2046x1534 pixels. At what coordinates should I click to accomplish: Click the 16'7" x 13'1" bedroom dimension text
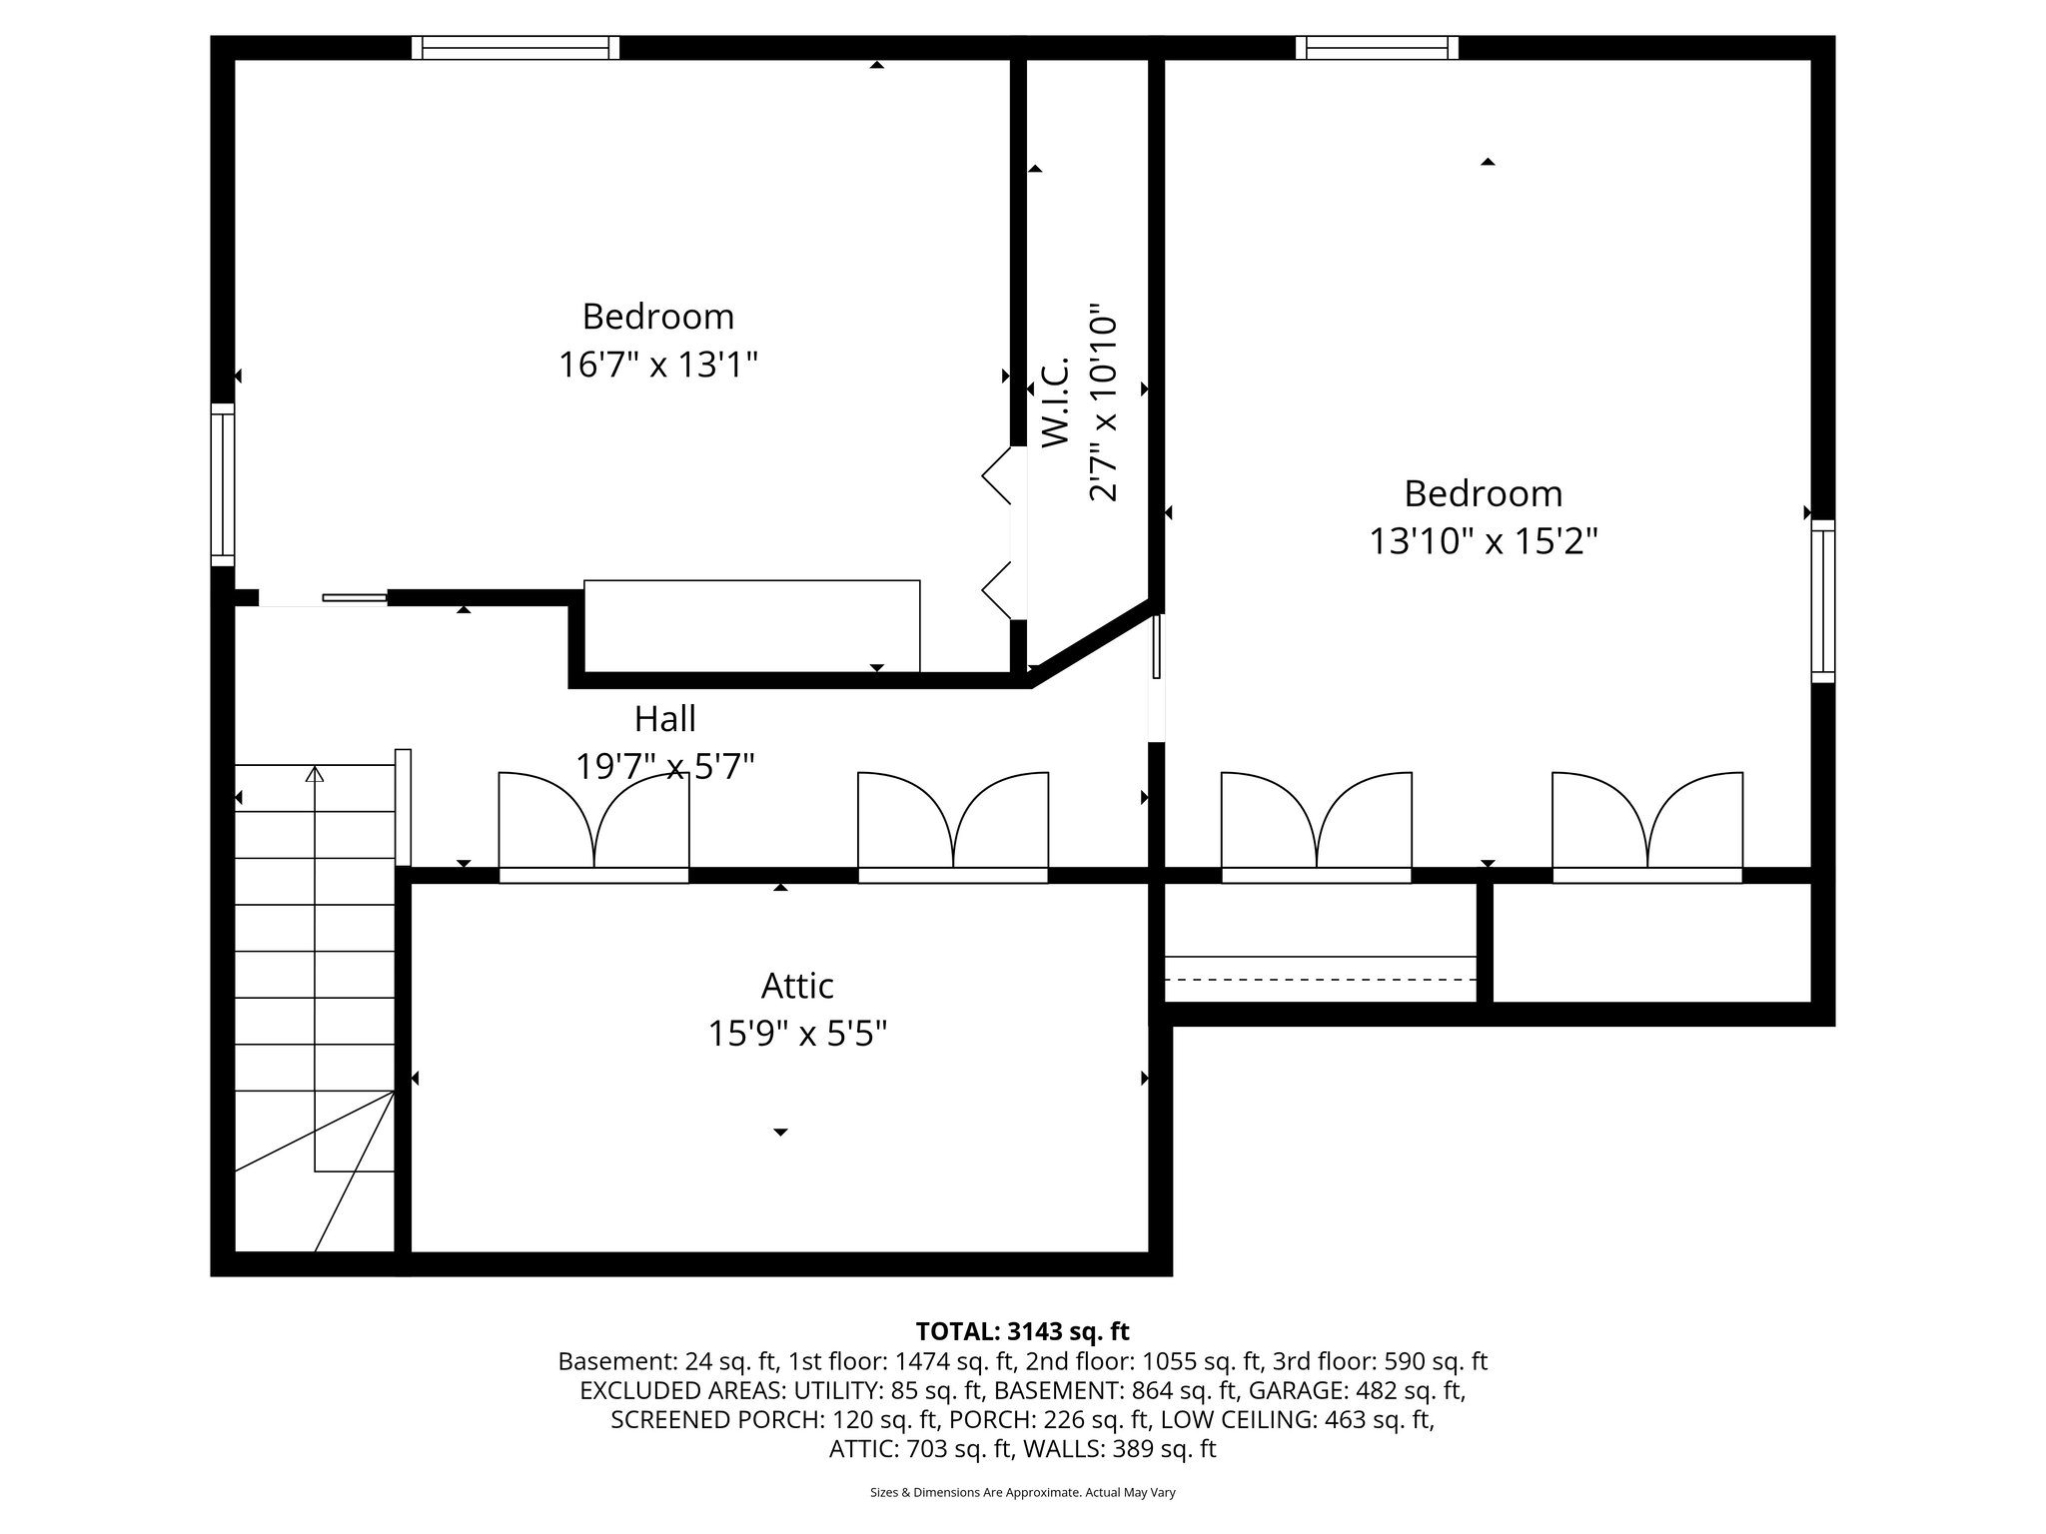[657, 365]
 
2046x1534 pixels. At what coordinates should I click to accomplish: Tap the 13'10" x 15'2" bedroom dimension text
[1483, 541]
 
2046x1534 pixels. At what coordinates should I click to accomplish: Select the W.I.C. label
[1056, 401]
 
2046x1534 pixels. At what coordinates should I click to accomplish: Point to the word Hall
[664, 718]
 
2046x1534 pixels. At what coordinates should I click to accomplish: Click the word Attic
[797, 986]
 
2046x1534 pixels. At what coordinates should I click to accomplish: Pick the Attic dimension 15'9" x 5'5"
[797, 1034]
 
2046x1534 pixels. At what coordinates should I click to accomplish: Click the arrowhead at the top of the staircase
[315, 773]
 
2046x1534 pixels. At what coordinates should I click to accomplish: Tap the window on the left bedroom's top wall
[515, 48]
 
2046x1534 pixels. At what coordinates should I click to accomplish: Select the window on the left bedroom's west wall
[222, 484]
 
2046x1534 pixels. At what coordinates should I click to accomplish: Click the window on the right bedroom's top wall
[1377, 48]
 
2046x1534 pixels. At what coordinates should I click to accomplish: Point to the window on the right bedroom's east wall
[1823, 601]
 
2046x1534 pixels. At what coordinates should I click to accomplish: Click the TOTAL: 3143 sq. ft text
[1022, 1331]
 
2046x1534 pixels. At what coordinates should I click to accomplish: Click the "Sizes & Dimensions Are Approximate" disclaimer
[1022, 1492]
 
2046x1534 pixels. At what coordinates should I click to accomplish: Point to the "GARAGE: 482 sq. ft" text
[1360, 1390]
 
